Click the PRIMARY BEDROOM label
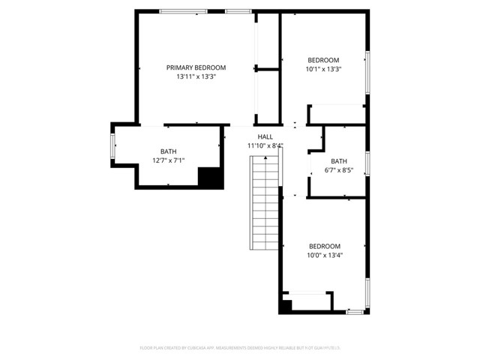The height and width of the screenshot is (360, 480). pyautogui.click(x=196, y=67)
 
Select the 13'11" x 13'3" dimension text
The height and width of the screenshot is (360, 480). pyautogui.click(x=196, y=76)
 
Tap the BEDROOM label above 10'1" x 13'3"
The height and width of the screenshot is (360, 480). pyautogui.click(x=323, y=61)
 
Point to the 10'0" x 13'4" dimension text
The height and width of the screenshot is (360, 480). pyautogui.click(x=325, y=255)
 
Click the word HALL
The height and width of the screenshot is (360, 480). pyautogui.click(x=265, y=136)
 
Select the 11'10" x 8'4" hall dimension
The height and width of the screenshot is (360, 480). pyautogui.click(x=265, y=145)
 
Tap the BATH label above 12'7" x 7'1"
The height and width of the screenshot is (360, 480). pyautogui.click(x=168, y=151)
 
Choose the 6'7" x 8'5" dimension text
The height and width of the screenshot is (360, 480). pyautogui.click(x=339, y=170)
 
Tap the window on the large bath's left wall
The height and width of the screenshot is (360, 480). pyautogui.click(x=113, y=146)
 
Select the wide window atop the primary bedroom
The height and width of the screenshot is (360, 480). pyautogui.click(x=184, y=11)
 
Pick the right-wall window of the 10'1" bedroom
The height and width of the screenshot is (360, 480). pyautogui.click(x=367, y=73)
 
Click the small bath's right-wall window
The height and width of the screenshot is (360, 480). pyautogui.click(x=367, y=163)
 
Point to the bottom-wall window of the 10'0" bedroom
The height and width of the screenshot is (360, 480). pyautogui.click(x=355, y=310)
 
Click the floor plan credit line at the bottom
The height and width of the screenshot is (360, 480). pyautogui.click(x=239, y=348)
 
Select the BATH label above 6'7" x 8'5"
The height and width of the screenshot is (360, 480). pyautogui.click(x=339, y=161)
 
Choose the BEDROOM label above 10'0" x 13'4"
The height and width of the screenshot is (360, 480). pyautogui.click(x=325, y=246)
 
